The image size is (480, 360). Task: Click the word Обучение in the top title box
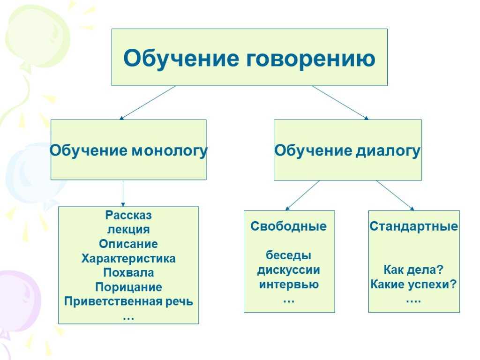[181, 58]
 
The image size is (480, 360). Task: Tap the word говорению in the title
[311, 59]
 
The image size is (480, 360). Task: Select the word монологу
[170, 151]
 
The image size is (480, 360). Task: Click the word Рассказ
[128, 215]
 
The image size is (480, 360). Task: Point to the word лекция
[128, 229]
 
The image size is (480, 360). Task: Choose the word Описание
[128, 244]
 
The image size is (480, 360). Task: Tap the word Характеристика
[128, 258]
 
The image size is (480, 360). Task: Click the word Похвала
[128, 272]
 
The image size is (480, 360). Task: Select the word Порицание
[128, 287]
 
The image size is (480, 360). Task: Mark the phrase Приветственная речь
[128, 301]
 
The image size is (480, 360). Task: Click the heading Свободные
[289, 226]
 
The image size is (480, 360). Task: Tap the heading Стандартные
[413, 226]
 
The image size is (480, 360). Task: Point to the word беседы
[289, 255]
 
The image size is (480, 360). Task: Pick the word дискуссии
[289, 270]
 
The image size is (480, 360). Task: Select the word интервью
[289, 285]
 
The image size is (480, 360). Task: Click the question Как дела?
[413, 270]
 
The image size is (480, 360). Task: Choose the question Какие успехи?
[413, 285]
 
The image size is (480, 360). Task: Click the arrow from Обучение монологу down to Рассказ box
[123, 193]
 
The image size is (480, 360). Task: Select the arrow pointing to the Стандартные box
[395, 195]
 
